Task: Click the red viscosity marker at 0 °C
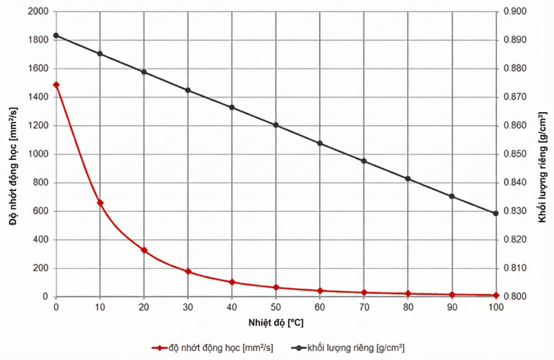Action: click(x=56, y=84)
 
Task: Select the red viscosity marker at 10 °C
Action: click(x=100, y=203)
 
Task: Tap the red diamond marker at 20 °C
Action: click(x=144, y=250)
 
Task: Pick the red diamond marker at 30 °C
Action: click(x=188, y=271)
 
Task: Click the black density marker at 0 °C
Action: click(x=56, y=35)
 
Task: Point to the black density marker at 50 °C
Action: click(x=276, y=125)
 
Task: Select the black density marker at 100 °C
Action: click(x=496, y=213)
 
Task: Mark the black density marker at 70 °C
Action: click(x=364, y=161)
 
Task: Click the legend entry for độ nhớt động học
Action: click(x=215, y=347)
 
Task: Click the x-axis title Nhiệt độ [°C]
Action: click(x=276, y=322)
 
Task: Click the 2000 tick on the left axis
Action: click(x=36, y=12)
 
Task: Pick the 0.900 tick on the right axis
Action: click(x=515, y=12)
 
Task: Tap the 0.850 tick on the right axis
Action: click(x=515, y=154)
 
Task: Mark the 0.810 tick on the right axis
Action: click(x=515, y=269)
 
